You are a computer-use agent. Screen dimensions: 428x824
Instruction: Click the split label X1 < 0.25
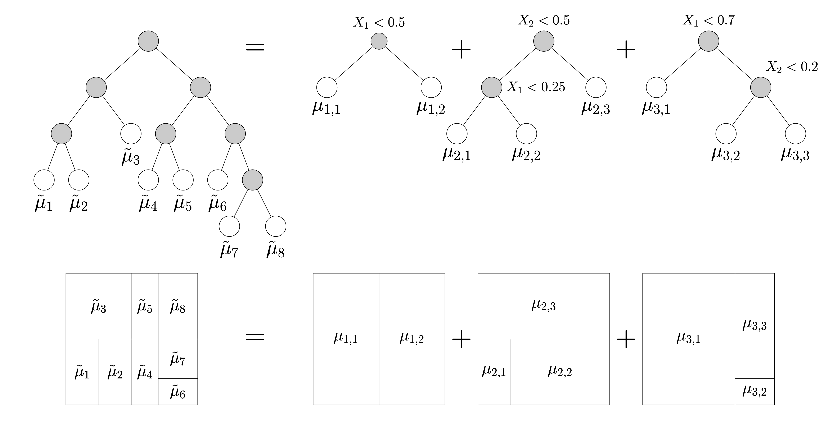[x=536, y=87]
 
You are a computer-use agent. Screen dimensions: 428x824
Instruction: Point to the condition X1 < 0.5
[x=379, y=22]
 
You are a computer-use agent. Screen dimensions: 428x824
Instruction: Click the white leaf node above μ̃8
[x=275, y=226]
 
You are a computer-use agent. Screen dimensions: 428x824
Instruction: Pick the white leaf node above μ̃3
[x=131, y=134]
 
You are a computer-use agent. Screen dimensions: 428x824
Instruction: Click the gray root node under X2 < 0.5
[x=544, y=41]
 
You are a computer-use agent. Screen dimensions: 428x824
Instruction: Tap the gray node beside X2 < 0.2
[x=761, y=87]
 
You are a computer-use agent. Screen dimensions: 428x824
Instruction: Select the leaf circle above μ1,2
[x=431, y=87]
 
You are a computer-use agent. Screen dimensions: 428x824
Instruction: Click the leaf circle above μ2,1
[x=457, y=134]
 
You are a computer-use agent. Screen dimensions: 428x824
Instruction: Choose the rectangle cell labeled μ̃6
[x=178, y=392]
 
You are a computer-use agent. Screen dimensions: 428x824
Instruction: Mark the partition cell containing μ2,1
[x=494, y=372]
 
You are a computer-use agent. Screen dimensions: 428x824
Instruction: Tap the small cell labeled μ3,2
[x=755, y=392]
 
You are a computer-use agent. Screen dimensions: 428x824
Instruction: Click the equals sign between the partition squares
[x=255, y=337]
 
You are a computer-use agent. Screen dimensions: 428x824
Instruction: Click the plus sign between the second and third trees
[x=626, y=50]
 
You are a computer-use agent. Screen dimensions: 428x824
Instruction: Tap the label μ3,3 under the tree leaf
[x=795, y=155]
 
